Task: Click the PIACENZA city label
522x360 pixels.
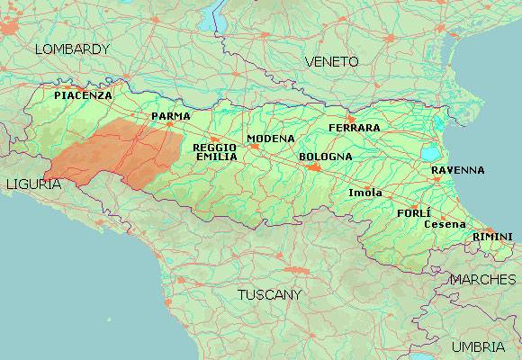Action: pyautogui.click(x=83, y=94)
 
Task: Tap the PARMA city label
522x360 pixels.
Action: pyautogui.click(x=170, y=116)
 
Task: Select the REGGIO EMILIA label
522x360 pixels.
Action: pyautogui.click(x=216, y=151)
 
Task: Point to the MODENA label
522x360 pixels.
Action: pyautogui.click(x=271, y=139)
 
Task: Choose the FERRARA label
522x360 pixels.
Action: pyautogui.click(x=354, y=128)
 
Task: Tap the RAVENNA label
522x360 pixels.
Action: pyautogui.click(x=457, y=169)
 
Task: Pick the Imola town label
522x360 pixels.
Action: pyautogui.click(x=364, y=193)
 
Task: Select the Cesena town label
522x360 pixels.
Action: pyautogui.click(x=444, y=223)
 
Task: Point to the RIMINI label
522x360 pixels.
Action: pyautogui.click(x=492, y=236)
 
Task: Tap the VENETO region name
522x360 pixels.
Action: pyautogui.click(x=331, y=61)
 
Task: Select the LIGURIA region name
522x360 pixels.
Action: pyautogui.click(x=32, y=184)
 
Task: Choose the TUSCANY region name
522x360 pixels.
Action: pyautogui.click(x=269, y=294)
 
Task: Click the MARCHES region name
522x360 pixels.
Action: pyautogui.click(x=482, y=279)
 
